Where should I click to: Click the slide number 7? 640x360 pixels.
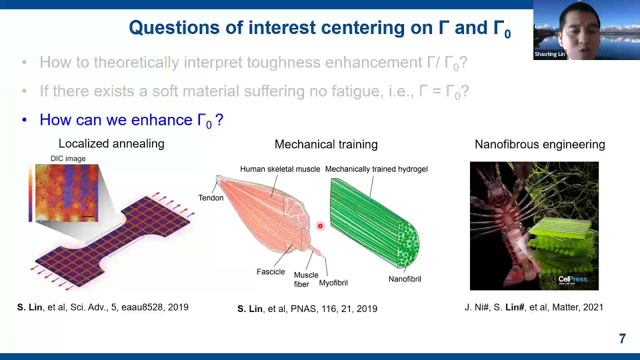(622, 339)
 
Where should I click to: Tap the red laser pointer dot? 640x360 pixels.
(320, 226)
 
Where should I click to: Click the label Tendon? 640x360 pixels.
(210, 198)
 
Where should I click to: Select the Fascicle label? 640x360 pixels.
(270, 272)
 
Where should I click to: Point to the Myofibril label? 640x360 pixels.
(333, 283)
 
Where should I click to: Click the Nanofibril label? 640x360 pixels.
(404, 279)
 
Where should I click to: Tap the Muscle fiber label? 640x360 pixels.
(305, 279)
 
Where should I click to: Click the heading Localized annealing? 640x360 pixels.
(111, 144)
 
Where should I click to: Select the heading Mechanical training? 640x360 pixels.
(325, 144)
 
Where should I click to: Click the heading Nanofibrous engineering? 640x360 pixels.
(539, 144)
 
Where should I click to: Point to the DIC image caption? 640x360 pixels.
(68, 158)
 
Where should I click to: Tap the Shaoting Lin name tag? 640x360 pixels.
(549, 54)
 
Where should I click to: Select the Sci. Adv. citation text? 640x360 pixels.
(102, 307)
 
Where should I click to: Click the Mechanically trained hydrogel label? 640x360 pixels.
(376, 169)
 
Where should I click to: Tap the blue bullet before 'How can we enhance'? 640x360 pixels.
(24, 120)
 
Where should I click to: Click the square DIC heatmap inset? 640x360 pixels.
(66, 192)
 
